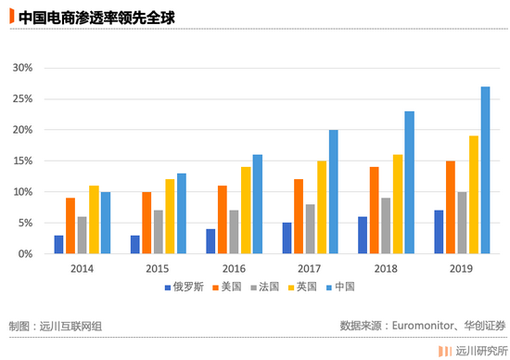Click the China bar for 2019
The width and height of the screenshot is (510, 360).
click(485, 170)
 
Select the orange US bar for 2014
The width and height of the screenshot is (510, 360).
click(70, 225)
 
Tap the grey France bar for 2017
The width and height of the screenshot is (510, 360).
click(311, 229)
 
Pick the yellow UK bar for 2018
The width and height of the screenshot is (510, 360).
click(398, 204)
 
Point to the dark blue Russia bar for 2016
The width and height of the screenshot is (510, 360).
click(210, 241)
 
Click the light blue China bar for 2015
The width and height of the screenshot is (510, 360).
click(182, 213)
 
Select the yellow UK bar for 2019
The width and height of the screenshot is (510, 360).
click(474, 195)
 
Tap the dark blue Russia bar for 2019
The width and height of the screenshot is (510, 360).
click(439, 232)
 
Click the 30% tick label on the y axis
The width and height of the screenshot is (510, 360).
click(22, 68)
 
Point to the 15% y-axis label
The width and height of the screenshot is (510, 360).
click(22, 161)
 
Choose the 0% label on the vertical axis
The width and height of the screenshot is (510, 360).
click(25, 254)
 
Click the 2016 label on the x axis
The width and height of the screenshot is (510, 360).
click(234, 269)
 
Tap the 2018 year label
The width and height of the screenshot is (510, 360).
click(386, 269)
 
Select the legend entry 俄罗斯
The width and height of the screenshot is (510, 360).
click(185, 287)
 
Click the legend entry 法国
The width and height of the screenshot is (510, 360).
click(265, 287)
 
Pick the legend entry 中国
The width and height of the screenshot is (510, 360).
click(340, 287)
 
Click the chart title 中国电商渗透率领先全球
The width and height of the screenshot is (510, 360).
click(96, 18)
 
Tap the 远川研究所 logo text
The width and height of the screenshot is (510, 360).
click(481, 352)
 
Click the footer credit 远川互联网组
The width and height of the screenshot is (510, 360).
click(70, 327)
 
